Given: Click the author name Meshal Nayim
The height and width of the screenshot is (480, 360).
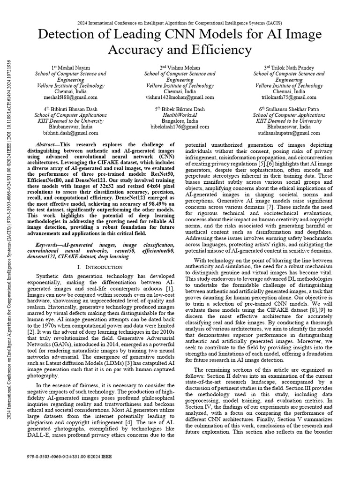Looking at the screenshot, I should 73,67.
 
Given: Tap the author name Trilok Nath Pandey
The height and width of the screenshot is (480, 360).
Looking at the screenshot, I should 291,67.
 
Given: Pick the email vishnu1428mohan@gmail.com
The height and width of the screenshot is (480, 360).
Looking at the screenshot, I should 180,98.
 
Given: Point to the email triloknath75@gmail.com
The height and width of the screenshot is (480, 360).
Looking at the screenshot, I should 289,98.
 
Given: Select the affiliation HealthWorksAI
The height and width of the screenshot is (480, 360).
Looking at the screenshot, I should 180,115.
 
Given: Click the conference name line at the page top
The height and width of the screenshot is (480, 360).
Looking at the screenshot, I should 180,23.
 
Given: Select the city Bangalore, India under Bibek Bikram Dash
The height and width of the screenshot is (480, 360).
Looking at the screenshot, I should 180,121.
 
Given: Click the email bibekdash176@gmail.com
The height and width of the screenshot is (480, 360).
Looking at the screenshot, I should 180,127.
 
